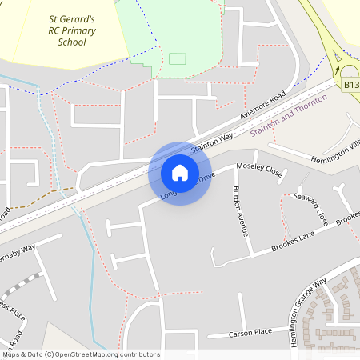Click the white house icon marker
(x=179, y=172)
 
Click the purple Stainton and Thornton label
(x=289, y=116)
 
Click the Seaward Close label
(x=310, y=207)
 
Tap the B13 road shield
(x=351, y=83)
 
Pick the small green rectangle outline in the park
(x=177, y=58)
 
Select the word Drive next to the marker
(x=207, y=177)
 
